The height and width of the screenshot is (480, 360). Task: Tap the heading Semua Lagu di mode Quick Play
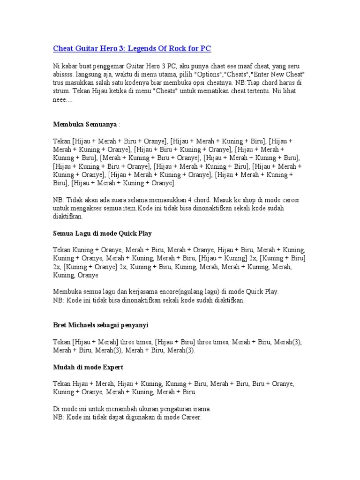(x=102, y=233)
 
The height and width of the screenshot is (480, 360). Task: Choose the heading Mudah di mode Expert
(x=88, y=367)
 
